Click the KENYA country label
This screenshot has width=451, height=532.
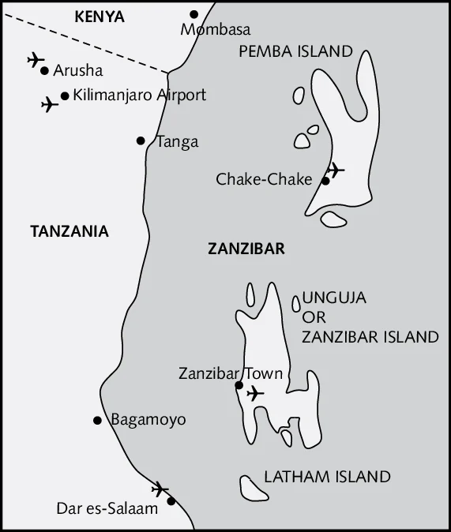(99, 16)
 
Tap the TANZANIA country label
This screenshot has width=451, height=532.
(69, 231)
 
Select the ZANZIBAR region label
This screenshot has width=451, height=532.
(246, 249)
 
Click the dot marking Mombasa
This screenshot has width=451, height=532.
(194, 14)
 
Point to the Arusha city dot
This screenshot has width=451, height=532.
(45, 70)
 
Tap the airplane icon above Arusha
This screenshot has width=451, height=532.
(36, 59)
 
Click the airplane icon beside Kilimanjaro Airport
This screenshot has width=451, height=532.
(49, 103)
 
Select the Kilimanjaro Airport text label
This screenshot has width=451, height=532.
(139, 95)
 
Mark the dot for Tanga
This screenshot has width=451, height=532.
(141, 140)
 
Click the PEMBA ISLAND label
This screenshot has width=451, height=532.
(295, 51)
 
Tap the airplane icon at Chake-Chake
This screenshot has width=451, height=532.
(335, 169)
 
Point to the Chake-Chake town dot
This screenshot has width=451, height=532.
(325, 181)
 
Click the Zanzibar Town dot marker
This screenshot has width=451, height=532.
(239, 385)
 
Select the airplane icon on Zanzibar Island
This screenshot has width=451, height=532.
(254, 393)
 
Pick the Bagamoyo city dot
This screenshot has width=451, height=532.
(97, 421)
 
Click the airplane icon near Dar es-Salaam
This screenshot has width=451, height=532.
(160, 489)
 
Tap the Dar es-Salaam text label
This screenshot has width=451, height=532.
(107, 509)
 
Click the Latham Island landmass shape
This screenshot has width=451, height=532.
(254, 488)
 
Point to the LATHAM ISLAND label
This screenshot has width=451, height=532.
(327, 477)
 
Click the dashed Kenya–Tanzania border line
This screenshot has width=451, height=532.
(95, 47)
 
